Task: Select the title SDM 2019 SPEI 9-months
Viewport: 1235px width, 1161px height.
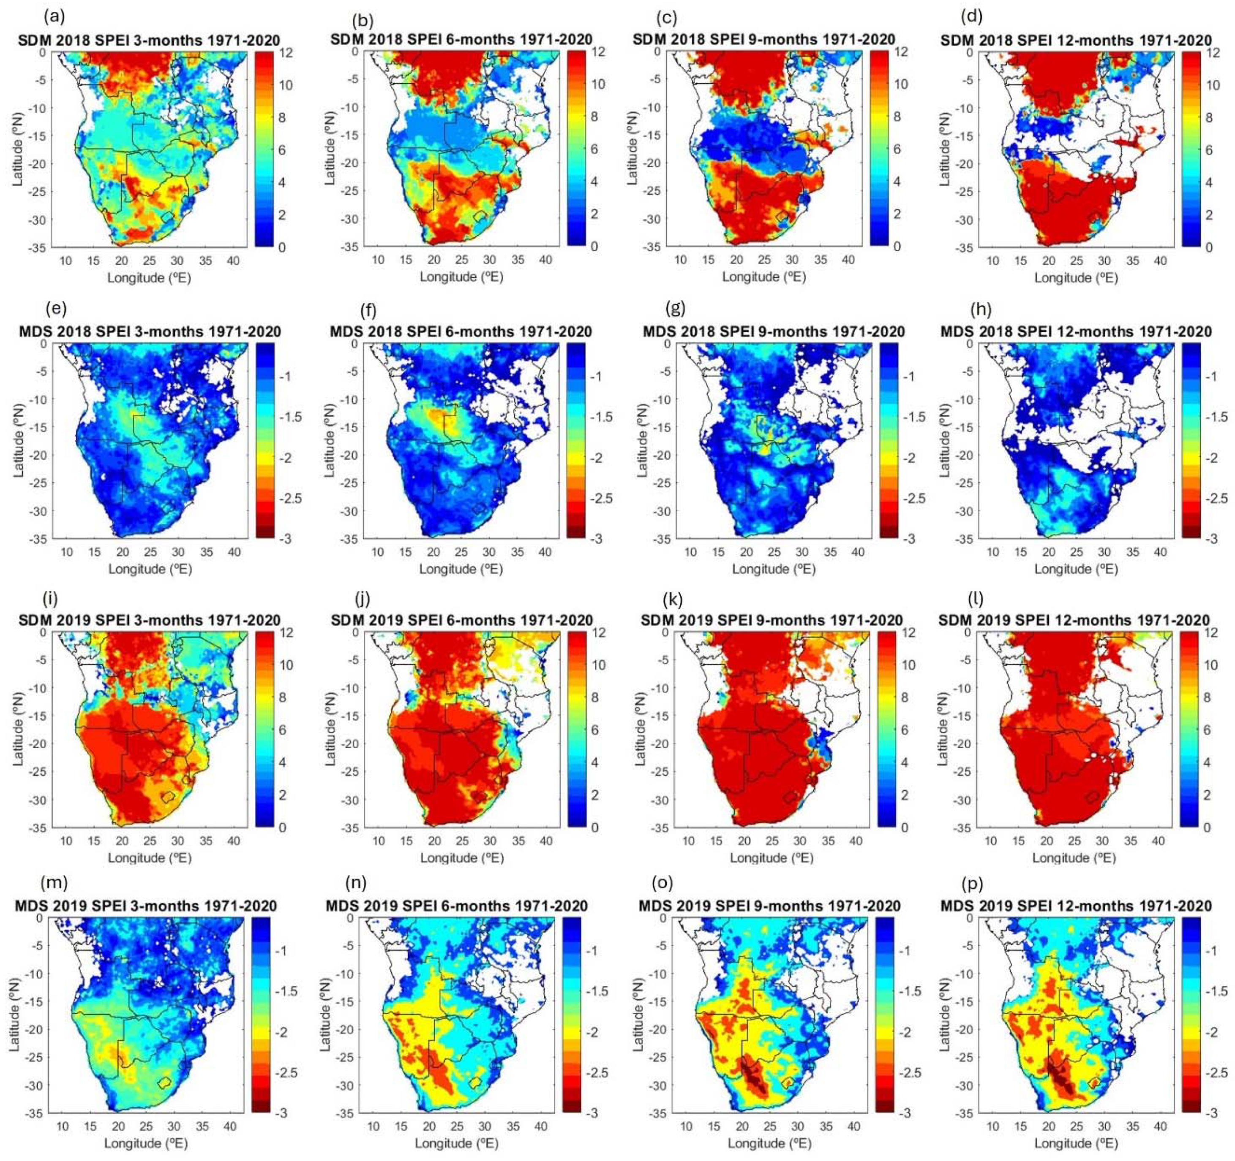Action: point(771,620)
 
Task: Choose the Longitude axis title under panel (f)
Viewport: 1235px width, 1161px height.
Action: point(461,569)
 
